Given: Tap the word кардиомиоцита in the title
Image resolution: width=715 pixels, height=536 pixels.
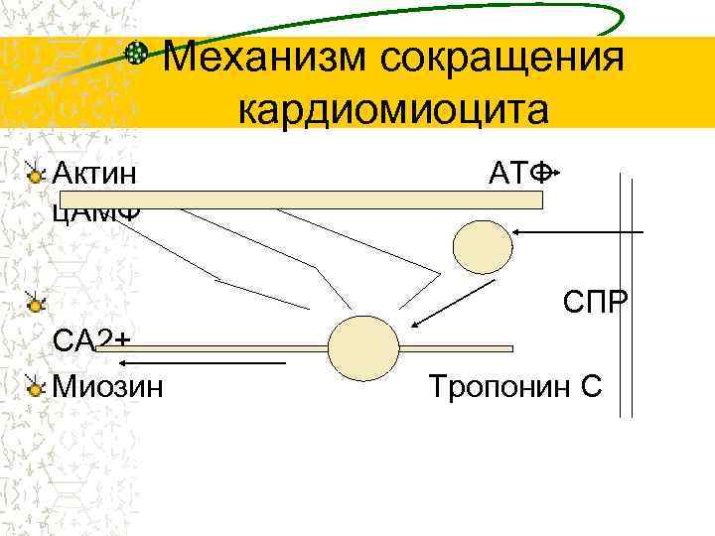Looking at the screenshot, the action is [392, 108].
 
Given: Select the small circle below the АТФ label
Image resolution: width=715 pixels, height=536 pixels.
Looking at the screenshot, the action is [482, 243].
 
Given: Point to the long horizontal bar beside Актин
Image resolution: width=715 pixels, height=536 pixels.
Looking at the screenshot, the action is [298, 200].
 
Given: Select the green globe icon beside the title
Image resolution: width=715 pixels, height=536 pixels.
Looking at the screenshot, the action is [142, 56].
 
